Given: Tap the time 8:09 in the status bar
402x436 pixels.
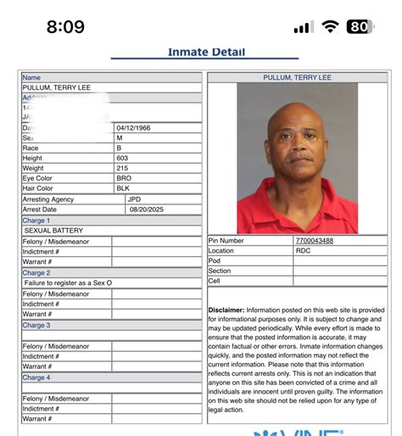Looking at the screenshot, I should click(65, 26).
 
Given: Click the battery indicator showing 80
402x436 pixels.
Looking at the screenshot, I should click(360, 26).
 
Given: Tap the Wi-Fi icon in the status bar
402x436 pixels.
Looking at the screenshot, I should click(330, 26).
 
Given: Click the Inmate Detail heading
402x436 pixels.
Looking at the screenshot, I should click(206, 52).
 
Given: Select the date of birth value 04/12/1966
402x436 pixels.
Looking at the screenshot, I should click(137, 127).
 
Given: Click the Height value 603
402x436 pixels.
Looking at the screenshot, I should click(124, 158).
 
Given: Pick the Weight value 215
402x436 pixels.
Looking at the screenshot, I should click(124, 168).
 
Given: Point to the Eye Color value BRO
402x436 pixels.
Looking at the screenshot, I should click(125, 178).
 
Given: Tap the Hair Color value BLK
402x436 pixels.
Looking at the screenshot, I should click(124, 188).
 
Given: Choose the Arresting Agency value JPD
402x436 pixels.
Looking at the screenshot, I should click(134, 199).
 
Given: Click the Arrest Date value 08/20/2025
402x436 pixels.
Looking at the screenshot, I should click(144, 210).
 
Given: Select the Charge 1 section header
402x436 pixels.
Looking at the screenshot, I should click(36, 221).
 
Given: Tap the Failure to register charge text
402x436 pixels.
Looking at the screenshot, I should click(68, 282).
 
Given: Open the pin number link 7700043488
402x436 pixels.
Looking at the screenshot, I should click(314, 241).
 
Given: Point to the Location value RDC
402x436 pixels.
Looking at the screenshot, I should click(303, 251).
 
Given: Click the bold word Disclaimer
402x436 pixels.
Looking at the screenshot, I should click(226, 310).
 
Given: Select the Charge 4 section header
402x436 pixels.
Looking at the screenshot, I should click(36, 377).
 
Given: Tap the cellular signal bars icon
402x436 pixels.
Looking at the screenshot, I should click(303, 27).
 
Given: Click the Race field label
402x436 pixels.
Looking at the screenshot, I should click(31, 148).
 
